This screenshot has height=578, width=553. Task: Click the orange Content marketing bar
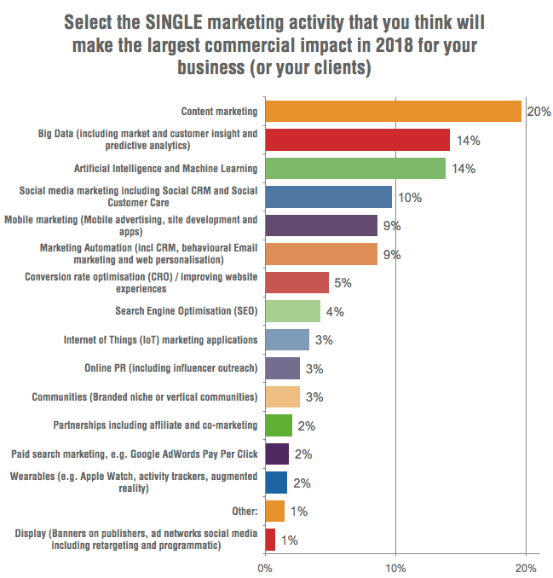click(393, 111)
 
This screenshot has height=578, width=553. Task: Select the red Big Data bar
click(357, 140)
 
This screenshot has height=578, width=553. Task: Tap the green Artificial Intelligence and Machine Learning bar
click(355, 168)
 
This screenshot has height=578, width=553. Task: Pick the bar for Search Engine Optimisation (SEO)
click(292, 311)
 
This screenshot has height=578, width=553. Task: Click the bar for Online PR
click(282, 368)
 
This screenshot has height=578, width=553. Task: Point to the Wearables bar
click(276, 483)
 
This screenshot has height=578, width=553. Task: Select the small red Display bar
click(270, 540)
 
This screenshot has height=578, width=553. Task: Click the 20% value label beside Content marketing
click(539, 112)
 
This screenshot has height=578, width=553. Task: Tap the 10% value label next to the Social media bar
click(411, 198)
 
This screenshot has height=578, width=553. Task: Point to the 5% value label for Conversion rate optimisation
click(343, 283)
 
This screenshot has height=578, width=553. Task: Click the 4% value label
click(334, 312)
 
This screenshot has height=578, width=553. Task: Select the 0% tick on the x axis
click(265, 565)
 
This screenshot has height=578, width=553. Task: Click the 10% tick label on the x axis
click(395, 565)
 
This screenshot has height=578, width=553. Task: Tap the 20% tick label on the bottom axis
click(526, 565)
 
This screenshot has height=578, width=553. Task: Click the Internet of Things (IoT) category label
click(160, 340)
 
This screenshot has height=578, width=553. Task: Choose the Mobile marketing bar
click(321, 225)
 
